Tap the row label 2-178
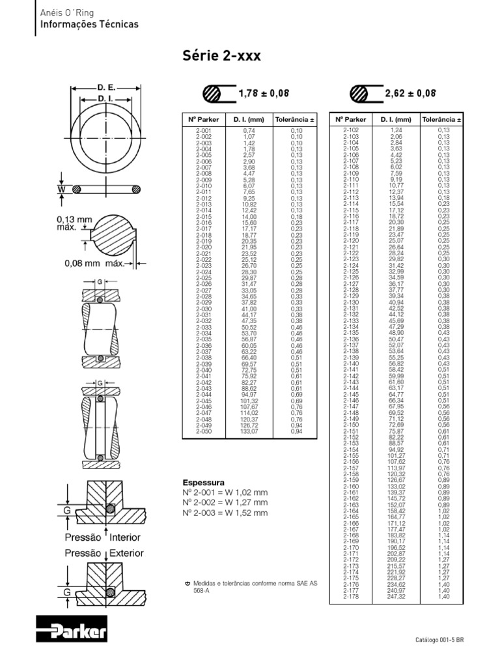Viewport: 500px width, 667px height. coord(351,596)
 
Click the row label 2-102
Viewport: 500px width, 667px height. coord(351,131)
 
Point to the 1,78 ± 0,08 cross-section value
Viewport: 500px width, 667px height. coord(264,94)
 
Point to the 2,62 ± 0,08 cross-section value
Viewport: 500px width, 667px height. coord(410,94)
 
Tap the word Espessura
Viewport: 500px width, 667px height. coord(204,483)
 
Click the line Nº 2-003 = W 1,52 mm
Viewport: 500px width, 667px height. coord(225,513)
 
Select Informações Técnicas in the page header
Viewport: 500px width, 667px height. coord(90,24)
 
